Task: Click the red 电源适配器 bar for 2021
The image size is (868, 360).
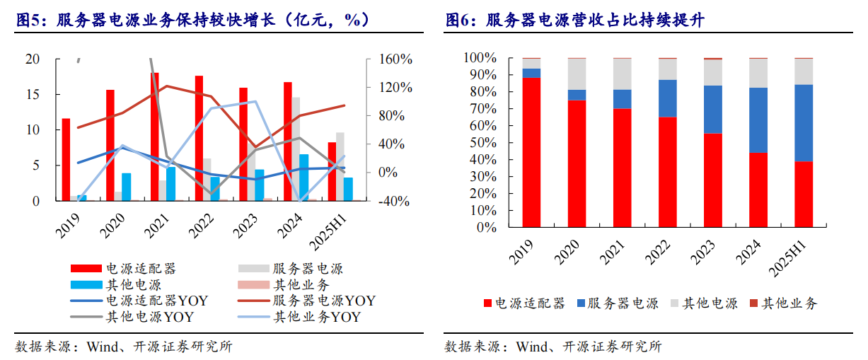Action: pos(154,137)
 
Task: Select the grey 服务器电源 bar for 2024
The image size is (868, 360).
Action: pos(296,149)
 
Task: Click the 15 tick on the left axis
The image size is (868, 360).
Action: pos(33,95)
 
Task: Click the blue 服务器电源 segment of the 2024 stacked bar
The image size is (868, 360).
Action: pos(758,120)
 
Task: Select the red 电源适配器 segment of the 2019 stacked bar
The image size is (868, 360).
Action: pos(531,152)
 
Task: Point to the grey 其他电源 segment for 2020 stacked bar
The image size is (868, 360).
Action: pos(577,74)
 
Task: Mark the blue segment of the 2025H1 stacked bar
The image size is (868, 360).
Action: pos(804,123)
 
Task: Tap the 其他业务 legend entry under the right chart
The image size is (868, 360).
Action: pos(789,303)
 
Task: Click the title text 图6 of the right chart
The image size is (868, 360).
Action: pos(459,20)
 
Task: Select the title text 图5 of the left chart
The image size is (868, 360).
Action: pos(30,20)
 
